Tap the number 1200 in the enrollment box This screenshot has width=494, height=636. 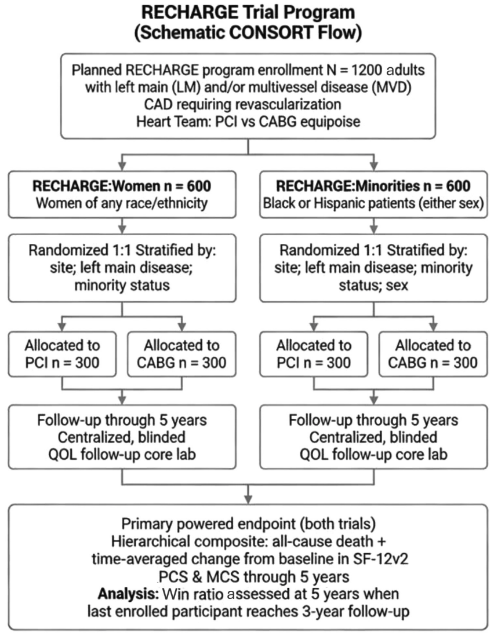point(366,70)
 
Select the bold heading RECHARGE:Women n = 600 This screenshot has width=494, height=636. point(122,186)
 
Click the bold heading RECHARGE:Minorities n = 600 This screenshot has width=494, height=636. point(373,186)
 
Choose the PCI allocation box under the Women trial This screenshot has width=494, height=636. point(62,354)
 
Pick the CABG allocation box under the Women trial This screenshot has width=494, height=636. point(181,354)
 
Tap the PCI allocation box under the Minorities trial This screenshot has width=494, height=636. point(314,354)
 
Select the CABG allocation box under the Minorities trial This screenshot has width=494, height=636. point(433,354)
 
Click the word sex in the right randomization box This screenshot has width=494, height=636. point(397,285)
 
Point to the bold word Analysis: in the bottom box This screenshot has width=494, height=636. point(128,594)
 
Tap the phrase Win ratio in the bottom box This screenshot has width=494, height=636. point(193,594)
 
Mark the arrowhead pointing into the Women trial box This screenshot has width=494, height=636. point(122,166)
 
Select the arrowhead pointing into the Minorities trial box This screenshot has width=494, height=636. point(374,166)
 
